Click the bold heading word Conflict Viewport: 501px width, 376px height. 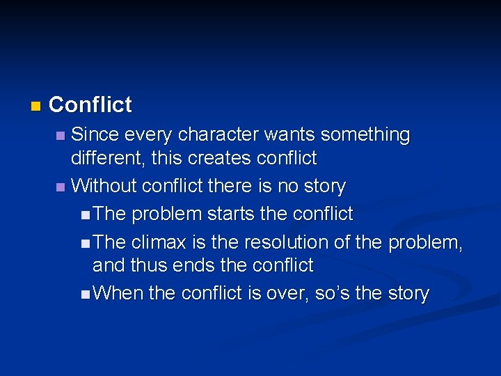point(90,105)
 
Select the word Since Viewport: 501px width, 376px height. point(96,134)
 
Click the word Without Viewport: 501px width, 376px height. point(104,186)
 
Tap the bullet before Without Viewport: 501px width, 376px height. point(61,187)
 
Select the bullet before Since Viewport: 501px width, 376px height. point(61,135)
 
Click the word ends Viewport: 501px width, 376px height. point(188,265)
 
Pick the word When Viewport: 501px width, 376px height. point(118,293)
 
